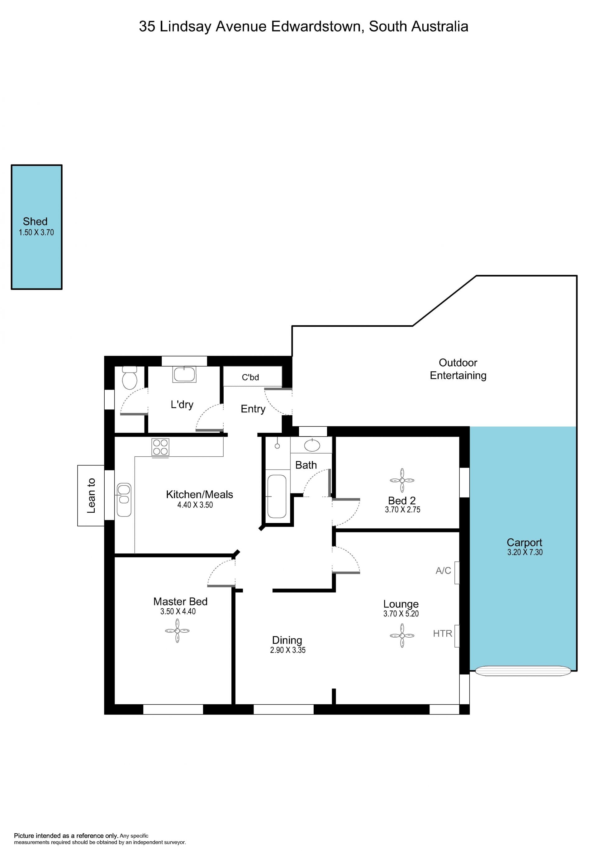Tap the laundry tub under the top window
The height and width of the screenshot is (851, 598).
pos(184,374)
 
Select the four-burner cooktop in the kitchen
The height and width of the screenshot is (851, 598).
pos(160,447)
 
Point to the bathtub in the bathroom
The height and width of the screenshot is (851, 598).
pos(277,496)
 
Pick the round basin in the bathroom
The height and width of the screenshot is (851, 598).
pos(312,445)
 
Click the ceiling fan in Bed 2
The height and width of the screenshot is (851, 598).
pos(402,480)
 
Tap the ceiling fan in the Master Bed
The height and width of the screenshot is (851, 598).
pos(177,631)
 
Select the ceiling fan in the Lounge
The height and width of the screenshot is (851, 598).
pos(402,636)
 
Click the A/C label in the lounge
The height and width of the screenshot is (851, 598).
pos(444,570)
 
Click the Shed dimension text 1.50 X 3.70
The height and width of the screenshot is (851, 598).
pos(36,232)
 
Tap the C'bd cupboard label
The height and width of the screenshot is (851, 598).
pos(250,377)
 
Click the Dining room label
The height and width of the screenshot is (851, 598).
pos(287,640)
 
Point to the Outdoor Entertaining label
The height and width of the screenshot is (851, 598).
pos(458,369)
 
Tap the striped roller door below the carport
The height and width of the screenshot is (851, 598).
pos(523,671)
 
